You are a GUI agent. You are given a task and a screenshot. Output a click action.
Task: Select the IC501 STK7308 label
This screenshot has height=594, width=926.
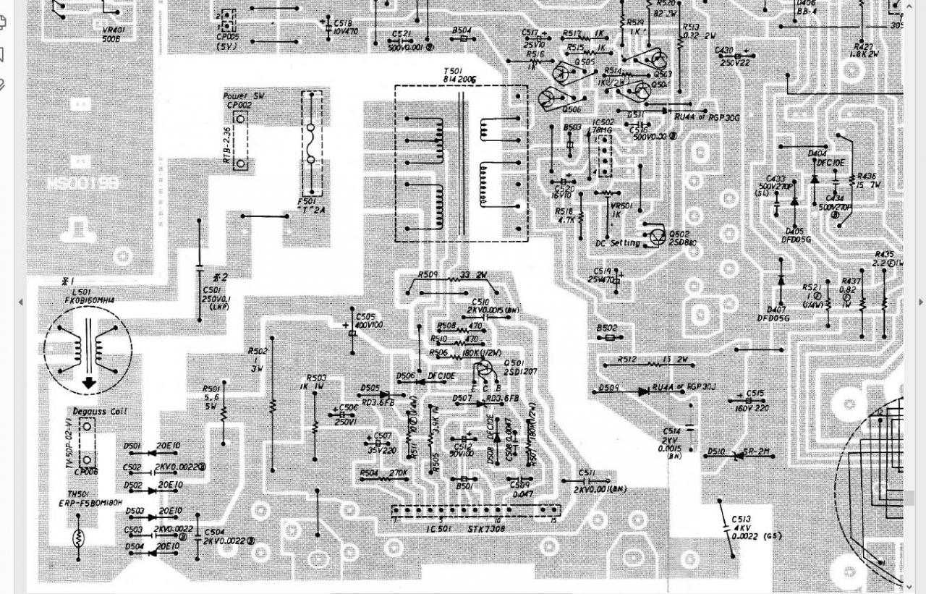(x=467, y=529)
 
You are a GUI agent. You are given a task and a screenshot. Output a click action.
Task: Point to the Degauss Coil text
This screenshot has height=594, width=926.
(x=99, y=411)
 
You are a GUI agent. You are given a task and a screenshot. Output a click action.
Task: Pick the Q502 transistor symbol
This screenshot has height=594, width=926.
(x=657, y=236)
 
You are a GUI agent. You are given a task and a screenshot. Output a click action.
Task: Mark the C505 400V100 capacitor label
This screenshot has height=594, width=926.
(x=369, y=321)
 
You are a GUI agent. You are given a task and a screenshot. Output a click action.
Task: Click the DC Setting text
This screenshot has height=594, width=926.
(x=617, y=243)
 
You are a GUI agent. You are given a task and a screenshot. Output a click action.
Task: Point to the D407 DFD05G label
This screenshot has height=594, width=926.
(x=773, y=313)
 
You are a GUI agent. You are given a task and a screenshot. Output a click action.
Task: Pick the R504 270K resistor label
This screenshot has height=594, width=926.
(x=383, y=473)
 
